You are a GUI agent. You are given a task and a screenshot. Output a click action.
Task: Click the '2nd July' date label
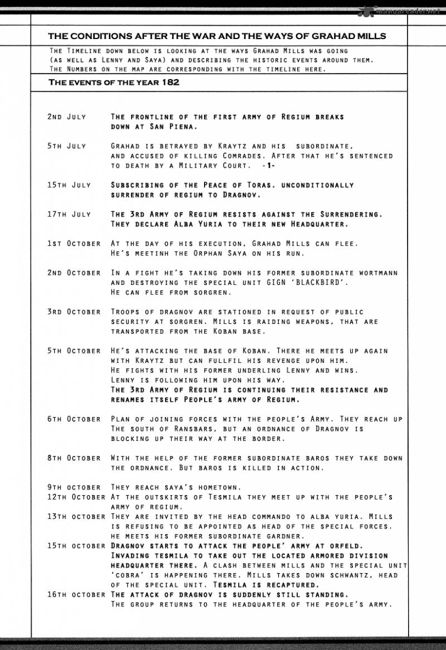point(67,117)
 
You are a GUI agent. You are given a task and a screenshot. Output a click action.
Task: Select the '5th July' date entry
point(67,146)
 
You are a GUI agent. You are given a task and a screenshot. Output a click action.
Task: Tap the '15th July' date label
point(70,185)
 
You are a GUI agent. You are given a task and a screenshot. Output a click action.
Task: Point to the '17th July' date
point(70,214)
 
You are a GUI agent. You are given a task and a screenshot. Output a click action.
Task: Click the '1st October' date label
point(74,244)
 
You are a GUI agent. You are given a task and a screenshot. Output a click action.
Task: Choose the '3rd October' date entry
point(74,312)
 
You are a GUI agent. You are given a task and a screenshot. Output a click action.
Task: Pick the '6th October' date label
point(74,419)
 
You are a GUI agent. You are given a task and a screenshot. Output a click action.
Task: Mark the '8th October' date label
point(74,458)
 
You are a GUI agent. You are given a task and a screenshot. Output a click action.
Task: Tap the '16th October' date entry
point(76,595)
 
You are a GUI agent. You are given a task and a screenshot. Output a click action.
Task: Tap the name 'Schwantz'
point(350,575)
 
